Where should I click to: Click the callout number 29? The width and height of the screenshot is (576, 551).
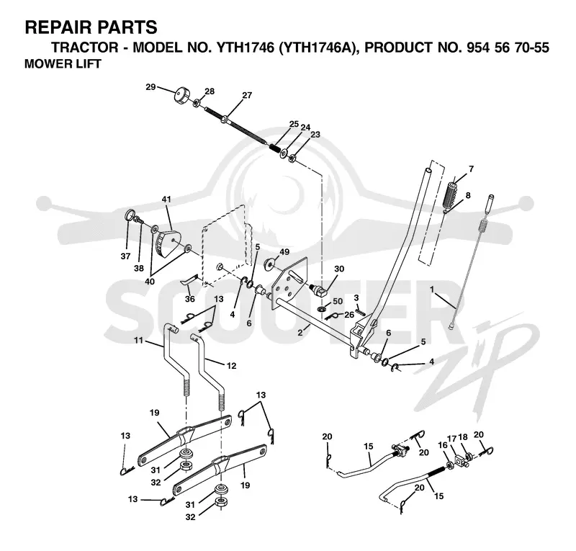click(150, 87)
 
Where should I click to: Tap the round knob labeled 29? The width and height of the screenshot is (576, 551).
click(181, 95)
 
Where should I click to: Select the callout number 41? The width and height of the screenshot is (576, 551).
click(166, 200)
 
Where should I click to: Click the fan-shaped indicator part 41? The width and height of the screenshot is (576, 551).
click(168, 243)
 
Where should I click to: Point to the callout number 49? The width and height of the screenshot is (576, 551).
click(284, 252)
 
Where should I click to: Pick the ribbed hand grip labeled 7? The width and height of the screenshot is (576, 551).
click(451, 193)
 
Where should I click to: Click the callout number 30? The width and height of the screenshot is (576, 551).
click(339, 269)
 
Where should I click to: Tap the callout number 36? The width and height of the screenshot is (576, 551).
click(190, 299)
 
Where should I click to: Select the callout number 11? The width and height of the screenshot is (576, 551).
click(138, 341)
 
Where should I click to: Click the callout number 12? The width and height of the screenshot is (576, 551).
click(231, 366)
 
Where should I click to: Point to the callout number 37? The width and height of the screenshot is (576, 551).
click(125, 256)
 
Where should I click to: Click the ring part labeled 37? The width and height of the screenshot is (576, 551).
click(130, 215)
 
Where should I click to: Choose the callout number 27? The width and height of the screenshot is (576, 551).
click(247, 95)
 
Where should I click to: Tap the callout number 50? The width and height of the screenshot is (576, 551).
click(337, 301)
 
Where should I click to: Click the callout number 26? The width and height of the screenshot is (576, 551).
click(349, 315)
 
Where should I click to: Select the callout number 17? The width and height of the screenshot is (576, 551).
click(452, 439)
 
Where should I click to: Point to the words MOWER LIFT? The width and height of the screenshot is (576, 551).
click(63, 63)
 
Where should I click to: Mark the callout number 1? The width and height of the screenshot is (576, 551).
click(432, 290)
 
